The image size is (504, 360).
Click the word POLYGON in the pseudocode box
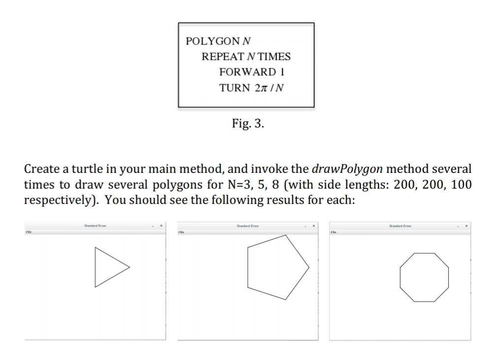point(213,41)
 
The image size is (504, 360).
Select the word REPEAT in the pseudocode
point(223,57)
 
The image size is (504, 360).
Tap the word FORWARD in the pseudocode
point(248,72)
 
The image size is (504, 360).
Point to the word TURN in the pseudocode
point(234,88)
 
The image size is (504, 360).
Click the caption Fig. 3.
point(248,123)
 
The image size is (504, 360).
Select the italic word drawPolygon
point(347,169)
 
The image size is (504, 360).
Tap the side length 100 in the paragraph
point(461,185)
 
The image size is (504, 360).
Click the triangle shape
point(95,267)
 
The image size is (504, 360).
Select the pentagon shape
point(248,267)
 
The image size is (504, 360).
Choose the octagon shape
point(400,277)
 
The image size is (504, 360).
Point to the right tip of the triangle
point(130,267)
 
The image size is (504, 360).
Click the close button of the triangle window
point(161,226)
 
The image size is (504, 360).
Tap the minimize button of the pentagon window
point(306,226)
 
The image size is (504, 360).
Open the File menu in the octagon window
point(334,232)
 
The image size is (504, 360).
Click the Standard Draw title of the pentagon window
point(248,226)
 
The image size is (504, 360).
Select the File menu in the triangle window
point(29,231)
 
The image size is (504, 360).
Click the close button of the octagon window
point(467,226)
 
